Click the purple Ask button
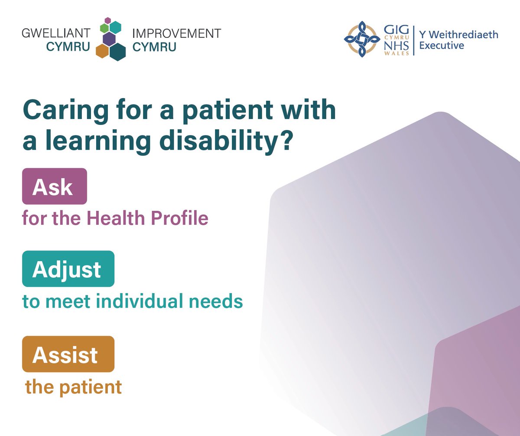55,187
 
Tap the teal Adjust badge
68,269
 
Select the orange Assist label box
68,354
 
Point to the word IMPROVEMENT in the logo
176,33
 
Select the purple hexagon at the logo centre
109,39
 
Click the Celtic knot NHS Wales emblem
361,39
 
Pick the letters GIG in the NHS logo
394,29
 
